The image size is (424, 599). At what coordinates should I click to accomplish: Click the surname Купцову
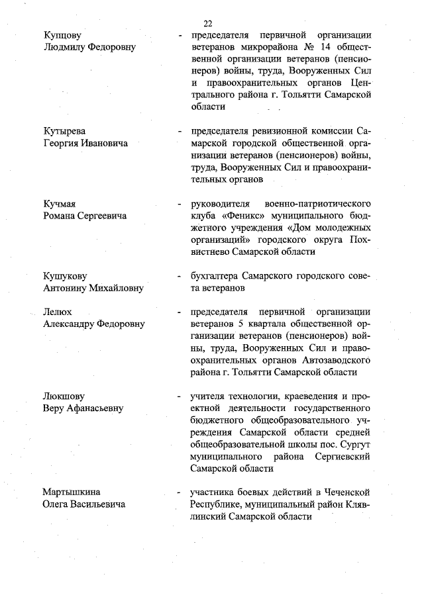pyautogui.click(x=62, y=35)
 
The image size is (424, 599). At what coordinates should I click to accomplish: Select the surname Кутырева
pyautogui.click(x=64, y=131)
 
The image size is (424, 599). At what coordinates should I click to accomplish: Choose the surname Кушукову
pyautogui.click(x=65, y=276)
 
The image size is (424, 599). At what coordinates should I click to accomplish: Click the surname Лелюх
pyautogui.click(x=58, y=312)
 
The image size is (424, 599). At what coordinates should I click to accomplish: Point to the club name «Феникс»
pyautogui.click(x=235, y=216)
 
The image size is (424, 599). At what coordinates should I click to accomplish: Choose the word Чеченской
pyautogui.click(x=339, y=492)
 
